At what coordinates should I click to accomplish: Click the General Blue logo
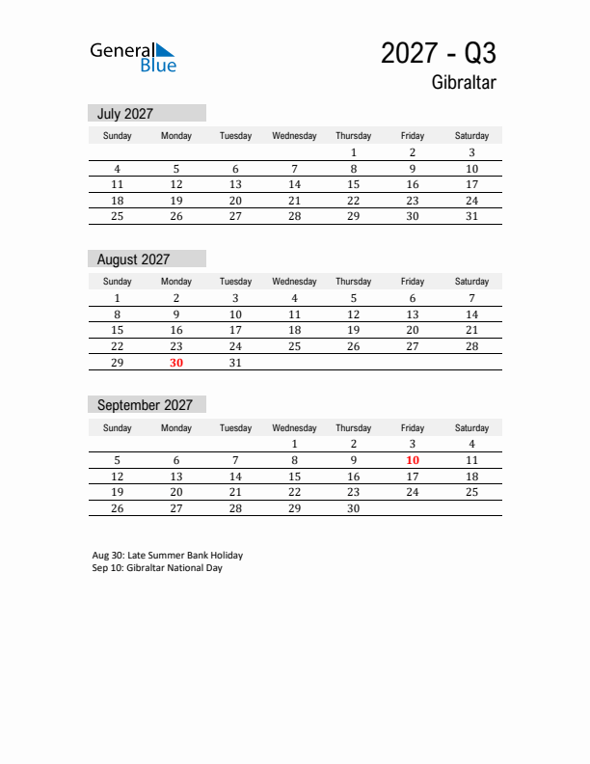pos(133,57)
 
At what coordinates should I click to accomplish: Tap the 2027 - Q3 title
pos(438,53)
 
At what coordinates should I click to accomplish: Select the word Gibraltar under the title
pos(464,83)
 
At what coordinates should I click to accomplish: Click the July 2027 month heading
pos(125,114)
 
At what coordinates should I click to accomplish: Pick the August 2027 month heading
pos(133,259)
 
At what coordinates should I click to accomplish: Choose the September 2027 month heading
pos(145,405)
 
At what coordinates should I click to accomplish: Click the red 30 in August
pos(176,363)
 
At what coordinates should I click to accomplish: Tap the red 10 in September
pos(412,460)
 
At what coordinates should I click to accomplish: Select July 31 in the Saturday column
pos(471,216)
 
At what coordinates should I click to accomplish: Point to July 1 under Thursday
pos(354,152)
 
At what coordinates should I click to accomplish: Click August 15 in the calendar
pos(118,330)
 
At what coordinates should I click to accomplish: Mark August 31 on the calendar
pos(235,363)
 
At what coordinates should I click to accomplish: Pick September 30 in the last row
pos(354,508)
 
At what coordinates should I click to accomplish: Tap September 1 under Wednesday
pos(294,444)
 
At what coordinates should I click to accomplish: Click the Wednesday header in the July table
pos(294,136)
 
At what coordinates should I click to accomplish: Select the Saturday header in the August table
pos(471,282)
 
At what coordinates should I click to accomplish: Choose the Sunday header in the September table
pos(118,427)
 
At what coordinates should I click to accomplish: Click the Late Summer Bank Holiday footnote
pos(168,556)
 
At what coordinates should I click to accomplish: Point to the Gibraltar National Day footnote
pos(157,568)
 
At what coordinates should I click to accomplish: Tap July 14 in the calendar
pos(294,184)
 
